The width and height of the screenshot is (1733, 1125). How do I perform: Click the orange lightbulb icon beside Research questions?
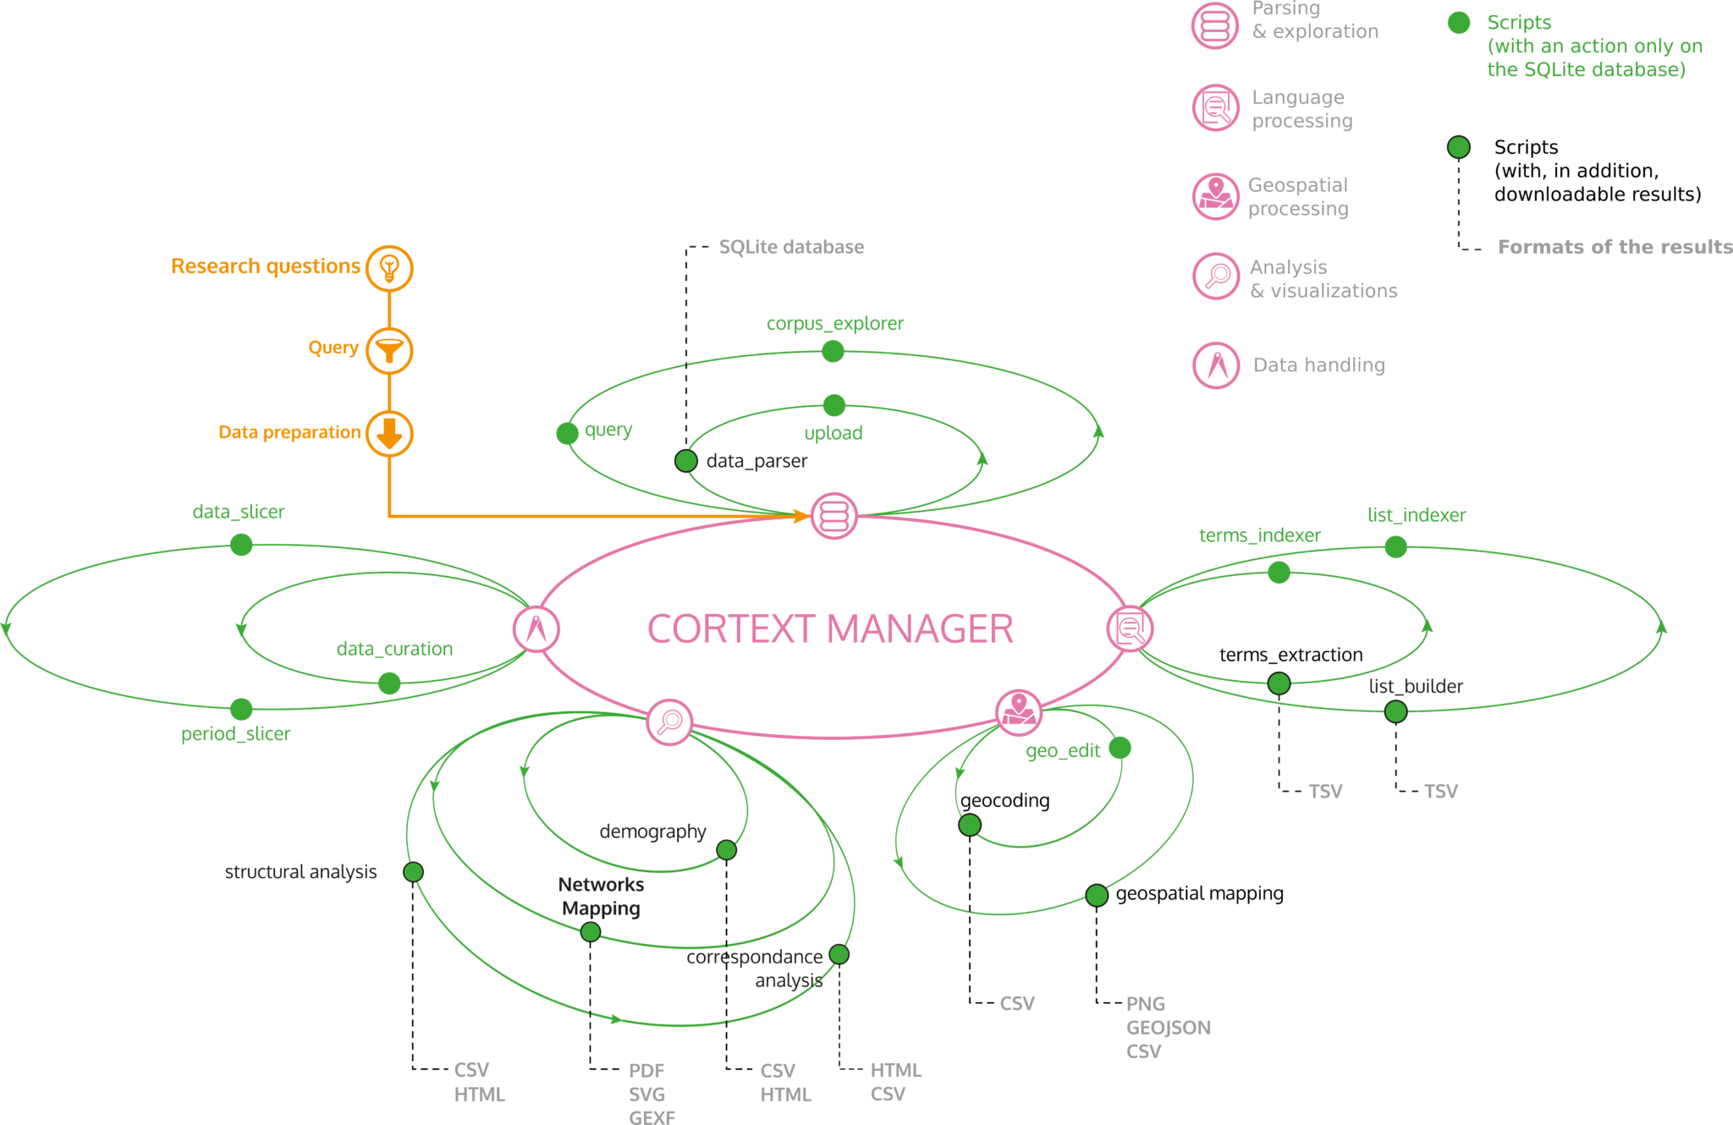(389, 268)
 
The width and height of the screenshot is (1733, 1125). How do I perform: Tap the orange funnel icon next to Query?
(389, 350)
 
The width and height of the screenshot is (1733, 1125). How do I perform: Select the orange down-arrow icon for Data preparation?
(389, 433)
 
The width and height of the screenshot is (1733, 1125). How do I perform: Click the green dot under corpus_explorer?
(833, 351)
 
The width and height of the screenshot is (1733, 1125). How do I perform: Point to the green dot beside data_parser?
(685, 461)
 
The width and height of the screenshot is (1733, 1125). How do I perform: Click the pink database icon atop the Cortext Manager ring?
(833, 516)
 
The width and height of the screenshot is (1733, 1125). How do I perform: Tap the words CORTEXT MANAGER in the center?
(830, 629)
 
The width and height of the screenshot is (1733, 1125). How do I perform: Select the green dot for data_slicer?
(241, 545)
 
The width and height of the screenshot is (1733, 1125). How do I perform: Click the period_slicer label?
(235, 734)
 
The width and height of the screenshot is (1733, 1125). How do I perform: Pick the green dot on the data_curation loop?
(389, 683)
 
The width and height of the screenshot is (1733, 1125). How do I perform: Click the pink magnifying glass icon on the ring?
(669, 722)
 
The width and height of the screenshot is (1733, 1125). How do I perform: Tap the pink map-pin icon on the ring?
(1018, 712)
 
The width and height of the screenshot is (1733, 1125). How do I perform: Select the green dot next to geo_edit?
(1120, 748)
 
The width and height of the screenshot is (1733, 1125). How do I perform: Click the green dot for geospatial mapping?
(1097, 895)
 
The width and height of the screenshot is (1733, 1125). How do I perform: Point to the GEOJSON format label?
(1168, 1028)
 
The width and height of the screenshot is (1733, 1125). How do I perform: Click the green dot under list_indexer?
(1395, 547)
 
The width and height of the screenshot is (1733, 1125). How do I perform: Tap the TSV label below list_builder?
(1440, 792)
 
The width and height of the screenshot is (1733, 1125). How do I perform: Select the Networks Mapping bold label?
(601, 897)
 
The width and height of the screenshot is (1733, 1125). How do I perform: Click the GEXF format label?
(652, 1117)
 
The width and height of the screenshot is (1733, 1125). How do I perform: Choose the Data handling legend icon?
(1216, 365)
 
